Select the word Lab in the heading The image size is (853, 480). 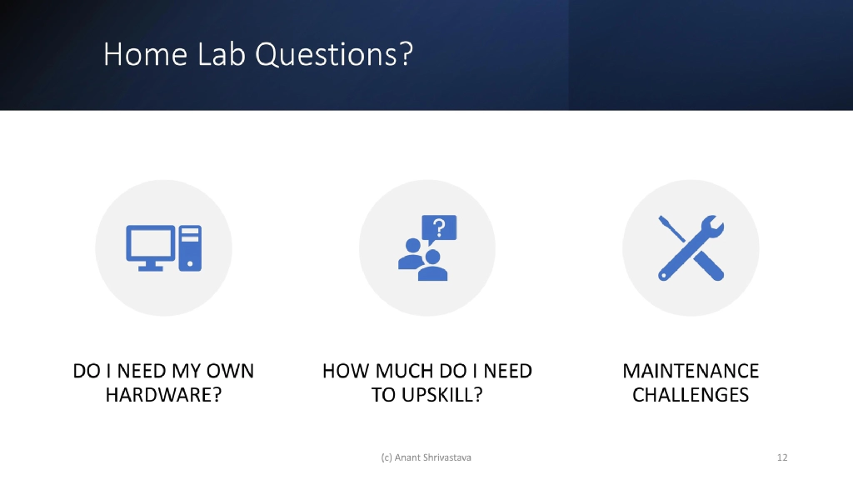coord(222,55)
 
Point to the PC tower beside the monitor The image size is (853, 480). coord(190,247)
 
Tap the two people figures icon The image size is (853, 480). coord(422,260)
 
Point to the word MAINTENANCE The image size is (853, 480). coord(691,371)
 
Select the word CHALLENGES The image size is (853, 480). coord(691,395)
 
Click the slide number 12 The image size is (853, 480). coord(781,457)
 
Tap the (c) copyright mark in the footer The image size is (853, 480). coord(386,457)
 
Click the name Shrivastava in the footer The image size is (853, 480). coord(451,457)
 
